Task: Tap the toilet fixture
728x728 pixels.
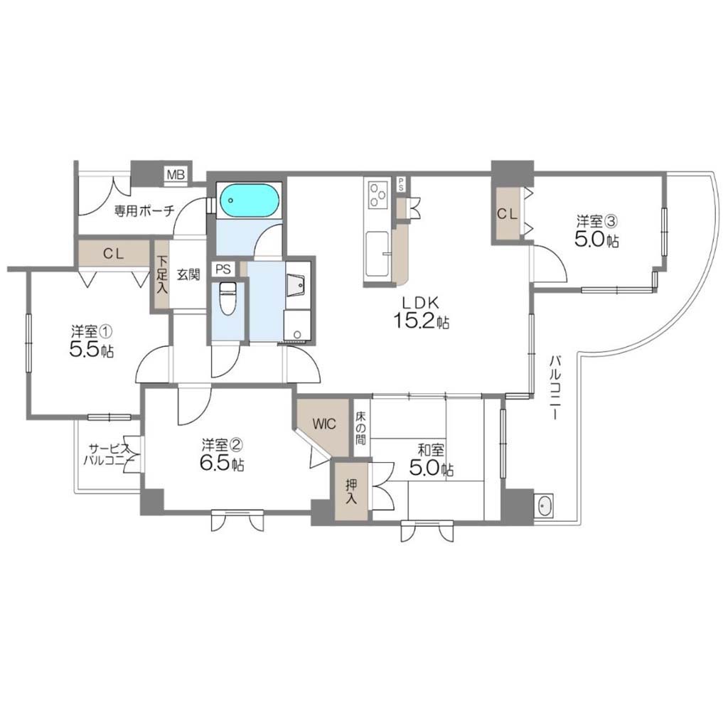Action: click(227, 298)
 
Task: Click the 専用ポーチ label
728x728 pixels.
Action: click(144, 212)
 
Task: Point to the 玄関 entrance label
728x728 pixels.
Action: click(188, 274)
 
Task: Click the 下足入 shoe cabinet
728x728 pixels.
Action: click(161, 274)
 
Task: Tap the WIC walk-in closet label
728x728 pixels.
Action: click(324, 424)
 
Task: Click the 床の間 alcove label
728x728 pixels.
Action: click(360, 428)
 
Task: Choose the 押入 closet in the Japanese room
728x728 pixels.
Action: click(351, 491)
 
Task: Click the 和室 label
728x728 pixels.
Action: click(431, 450)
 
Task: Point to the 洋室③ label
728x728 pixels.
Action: click(596, 220)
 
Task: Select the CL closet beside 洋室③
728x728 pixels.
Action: click(508, 213)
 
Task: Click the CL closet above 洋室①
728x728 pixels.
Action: click(114, 254)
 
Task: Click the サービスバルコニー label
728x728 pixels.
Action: click(109, 455)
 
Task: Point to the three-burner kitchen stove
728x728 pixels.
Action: click(379, 194)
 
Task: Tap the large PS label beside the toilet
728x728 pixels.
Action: click(223, 269)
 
